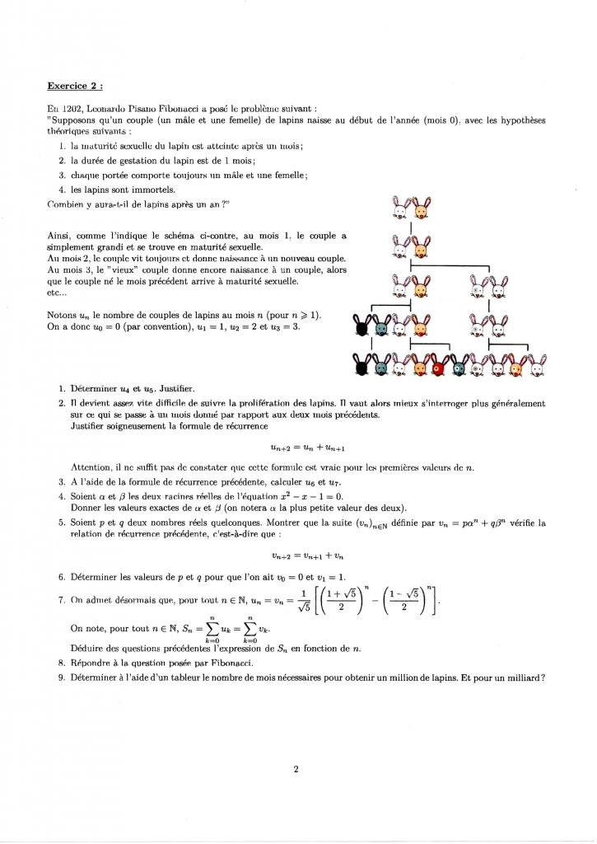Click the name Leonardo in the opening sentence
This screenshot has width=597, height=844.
click(107, 110)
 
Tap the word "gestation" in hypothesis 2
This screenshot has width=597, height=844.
click(134, 160)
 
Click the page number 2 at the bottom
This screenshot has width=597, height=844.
click(295, 770)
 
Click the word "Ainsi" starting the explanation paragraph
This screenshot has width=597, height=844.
click(59, 237)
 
